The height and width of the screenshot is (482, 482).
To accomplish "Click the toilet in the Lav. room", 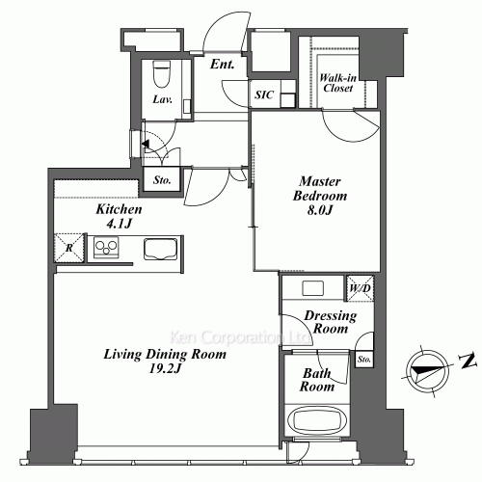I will pyautogui.click(x=161, y=75).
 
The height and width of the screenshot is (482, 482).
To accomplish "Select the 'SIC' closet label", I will pyautogui.click(x=262, y=94).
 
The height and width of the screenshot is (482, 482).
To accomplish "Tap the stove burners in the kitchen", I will pyautogui.click(x=107, y=250).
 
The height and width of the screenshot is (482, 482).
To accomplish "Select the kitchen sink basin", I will pyautogui.click(x=160, y=249).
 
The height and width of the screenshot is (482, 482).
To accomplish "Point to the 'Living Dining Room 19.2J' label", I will pyautogui.click(x=166, y=361).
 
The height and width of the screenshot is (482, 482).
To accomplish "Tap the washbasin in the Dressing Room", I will pyautogui.click(x=312, y=288).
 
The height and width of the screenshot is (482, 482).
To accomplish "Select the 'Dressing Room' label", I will pyautogui.click(x=330, y=322).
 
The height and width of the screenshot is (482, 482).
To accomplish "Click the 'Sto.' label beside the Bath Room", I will pyautogui.click(x=363, y=360).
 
